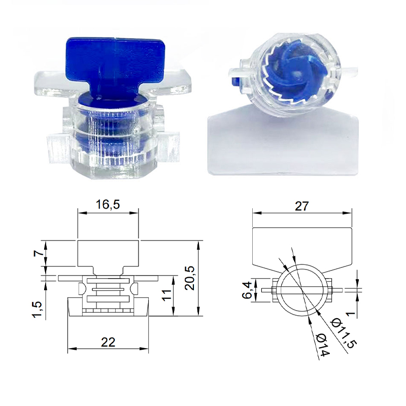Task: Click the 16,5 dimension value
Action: click(108, 205)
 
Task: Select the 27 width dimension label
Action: click(302, 205)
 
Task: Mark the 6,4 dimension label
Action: click(248, 289)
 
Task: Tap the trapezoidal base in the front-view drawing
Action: click(108, 307)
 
